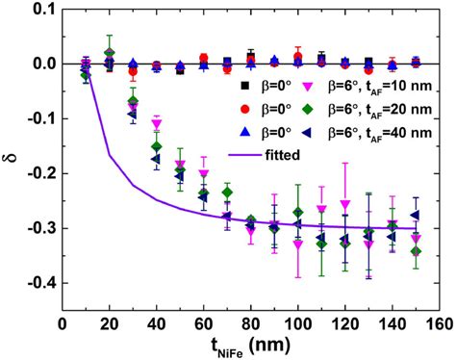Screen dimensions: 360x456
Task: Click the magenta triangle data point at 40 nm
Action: [156, 124]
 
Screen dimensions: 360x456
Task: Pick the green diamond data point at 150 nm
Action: [416, 251]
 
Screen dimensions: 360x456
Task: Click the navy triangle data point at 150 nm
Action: [416, 216]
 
